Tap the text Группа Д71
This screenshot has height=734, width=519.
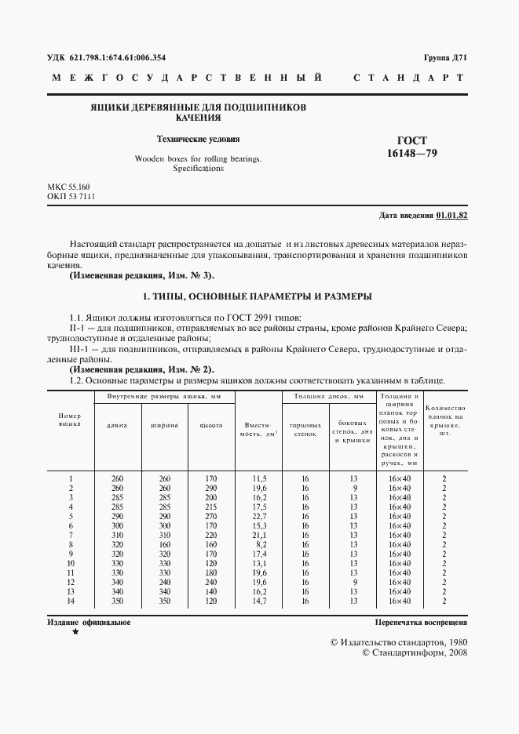pyautogui.click(x=445, y=57)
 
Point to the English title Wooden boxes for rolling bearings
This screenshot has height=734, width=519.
pyautogui.click(x=198, y=158)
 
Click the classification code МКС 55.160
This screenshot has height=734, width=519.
pyautogui.click(x=68, y=186)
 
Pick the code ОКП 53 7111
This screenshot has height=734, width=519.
pyautogui.click(x=71, y=196)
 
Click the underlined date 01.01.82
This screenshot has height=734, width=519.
pyautogui.click(x=451, y=215)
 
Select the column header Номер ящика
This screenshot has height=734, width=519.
pyautogui.click(x=71, y=419)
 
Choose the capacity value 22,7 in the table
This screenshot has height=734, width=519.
pyautogui.click(x=260, y=517)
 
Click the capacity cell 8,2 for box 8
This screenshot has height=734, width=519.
pyautogui.click(x=260, y=543)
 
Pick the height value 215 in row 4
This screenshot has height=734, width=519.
pyautogui.click(x=210, y=507)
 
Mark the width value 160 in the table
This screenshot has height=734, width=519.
pyautogui.click(x=165, y=543)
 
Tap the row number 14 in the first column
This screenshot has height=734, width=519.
pyautogui.click(x=71, y=600)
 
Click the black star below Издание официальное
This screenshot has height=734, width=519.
pyautogui.click(x=75, y=631)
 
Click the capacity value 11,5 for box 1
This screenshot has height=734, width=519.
pyautogui.click(x=260, y=478)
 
